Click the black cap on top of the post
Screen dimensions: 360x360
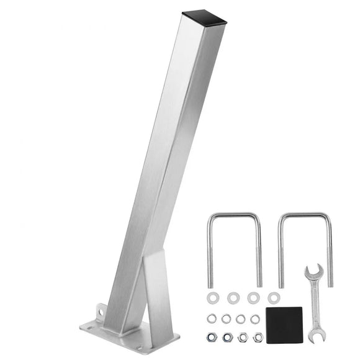(205, 17)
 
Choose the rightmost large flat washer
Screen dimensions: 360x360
(274, 298)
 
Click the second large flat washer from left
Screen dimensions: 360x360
(233, 298)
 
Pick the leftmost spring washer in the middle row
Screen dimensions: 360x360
(212, 318)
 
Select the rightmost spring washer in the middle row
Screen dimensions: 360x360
(254, 318)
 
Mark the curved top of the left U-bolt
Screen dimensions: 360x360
(233, 215)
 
